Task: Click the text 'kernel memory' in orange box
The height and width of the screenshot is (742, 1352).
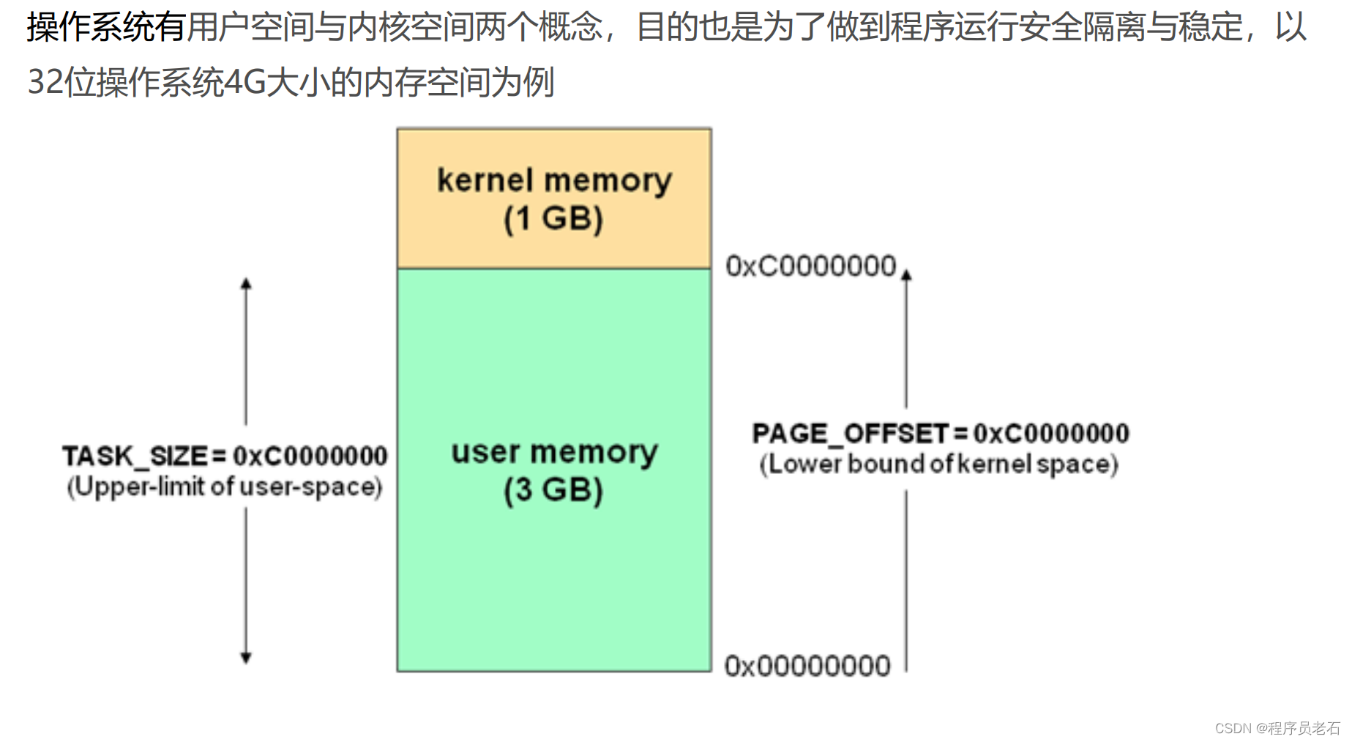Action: coord(554,181)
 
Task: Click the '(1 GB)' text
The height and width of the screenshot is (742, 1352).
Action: coord(553,219)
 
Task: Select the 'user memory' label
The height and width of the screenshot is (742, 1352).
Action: coord(554,452)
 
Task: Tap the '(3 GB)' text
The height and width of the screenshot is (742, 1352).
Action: coord(553,490)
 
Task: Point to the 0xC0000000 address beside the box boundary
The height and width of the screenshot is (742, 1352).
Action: coord(810,266)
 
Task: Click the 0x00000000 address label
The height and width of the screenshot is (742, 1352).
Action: coord(807,666)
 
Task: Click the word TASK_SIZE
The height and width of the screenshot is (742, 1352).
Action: coord(135,456)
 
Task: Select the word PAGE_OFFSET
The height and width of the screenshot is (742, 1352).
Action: coord(850,434)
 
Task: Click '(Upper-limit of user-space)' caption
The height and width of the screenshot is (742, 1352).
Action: coord(225,487)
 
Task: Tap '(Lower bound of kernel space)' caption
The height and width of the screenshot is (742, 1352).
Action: coord(938,464)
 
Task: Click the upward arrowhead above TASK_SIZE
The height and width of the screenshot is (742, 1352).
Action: coord(246,283)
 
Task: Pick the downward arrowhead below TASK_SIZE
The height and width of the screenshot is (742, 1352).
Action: coord(246,658)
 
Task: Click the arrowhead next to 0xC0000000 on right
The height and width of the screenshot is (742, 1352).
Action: coord(906,275)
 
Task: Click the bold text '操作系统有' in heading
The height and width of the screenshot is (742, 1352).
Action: coord(105,27)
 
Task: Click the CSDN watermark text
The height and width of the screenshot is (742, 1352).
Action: coord(1277,728)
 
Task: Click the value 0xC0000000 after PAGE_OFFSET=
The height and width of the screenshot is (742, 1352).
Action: coord(1051,434)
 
